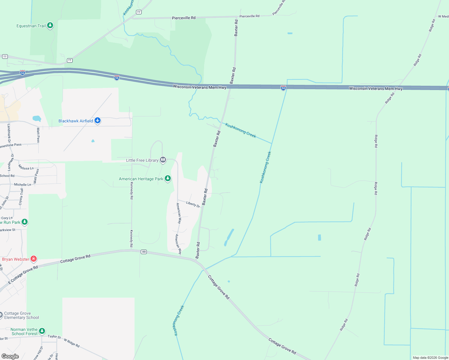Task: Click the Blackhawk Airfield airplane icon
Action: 97,121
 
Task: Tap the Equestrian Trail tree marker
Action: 50,25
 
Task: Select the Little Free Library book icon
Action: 163,160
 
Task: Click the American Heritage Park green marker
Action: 168,179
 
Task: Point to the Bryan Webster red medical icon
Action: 33,259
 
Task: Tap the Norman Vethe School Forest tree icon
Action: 42,331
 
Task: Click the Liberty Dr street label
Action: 193,204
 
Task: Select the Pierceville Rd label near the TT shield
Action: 183,18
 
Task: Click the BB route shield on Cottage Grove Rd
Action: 144,252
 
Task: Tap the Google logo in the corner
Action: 10,356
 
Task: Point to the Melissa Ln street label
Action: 26,167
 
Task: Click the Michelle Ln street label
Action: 23,184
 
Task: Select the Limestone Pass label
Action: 11,145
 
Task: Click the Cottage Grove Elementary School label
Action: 22,315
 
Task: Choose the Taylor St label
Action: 54,337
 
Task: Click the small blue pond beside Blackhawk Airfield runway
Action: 93,141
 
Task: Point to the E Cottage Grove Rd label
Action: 23,274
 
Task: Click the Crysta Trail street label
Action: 21,197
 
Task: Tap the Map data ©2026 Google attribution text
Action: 430,358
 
